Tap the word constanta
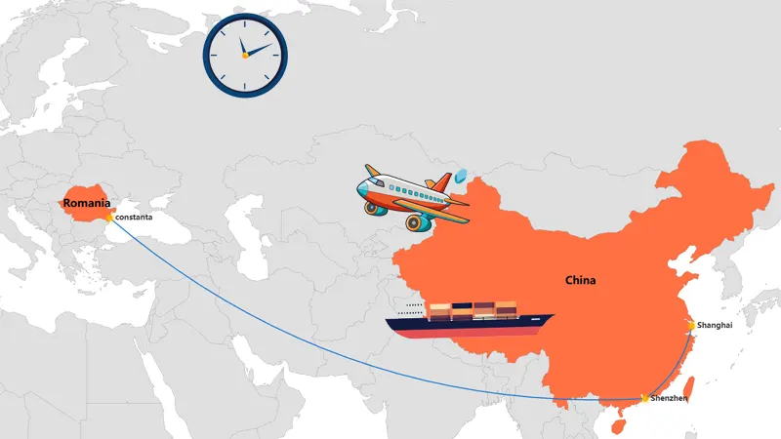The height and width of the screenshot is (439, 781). pyautogui.click(x=133, y=217)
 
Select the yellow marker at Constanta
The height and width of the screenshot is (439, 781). pyautogui.click(x=109, y=217)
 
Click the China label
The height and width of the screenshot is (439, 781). pyautogui.click(x=580, y=281)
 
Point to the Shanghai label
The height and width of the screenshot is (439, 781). pyautogui.click(x=715, y=324)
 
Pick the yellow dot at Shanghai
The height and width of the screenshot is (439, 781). pyautogui.click(x=690, y=325)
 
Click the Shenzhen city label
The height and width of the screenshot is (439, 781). pyautogui.click(x=670, y=399)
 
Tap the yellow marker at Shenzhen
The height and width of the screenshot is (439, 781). pyautogui.click(x=644, y=398)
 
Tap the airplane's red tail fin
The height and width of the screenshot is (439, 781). pyautogui.click(x=441, y=182)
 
